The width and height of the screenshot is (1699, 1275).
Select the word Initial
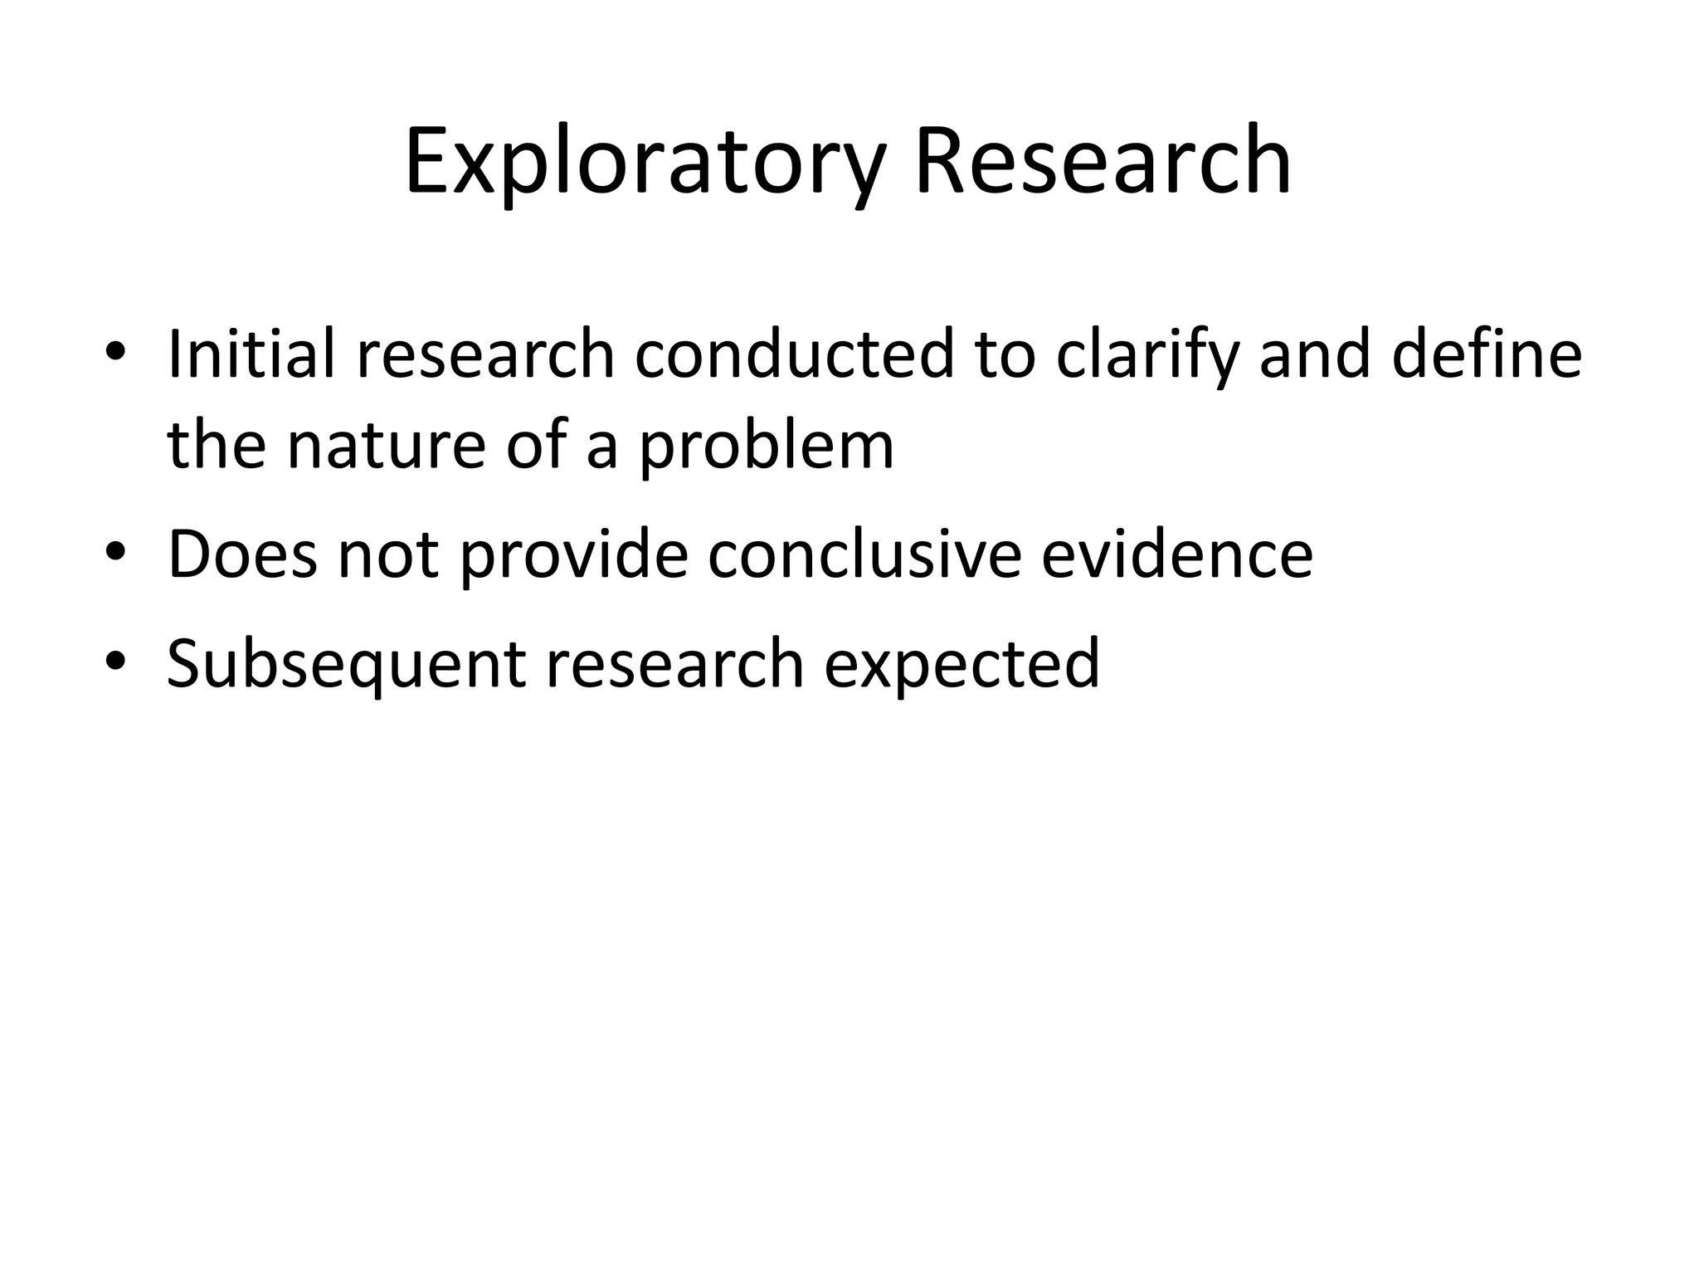click(250, 354)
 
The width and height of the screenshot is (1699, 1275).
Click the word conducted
click(795, 354)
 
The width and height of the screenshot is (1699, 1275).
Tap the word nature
click(386, 446)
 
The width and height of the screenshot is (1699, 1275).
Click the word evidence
click(1177, 554)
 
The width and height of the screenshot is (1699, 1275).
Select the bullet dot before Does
click(115, 551)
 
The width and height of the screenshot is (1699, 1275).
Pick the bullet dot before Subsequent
click(115, 661)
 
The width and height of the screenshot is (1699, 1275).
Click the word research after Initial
click(486, 354)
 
